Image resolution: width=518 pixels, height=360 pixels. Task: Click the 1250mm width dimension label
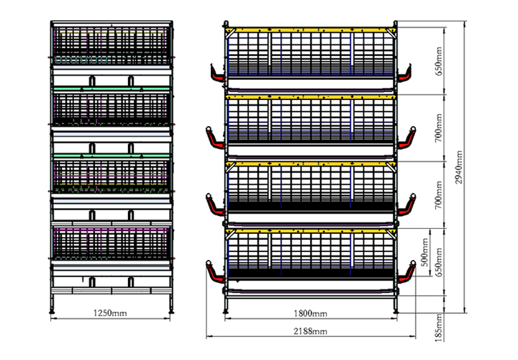point(110,312)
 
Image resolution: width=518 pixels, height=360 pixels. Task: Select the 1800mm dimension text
point(311,313)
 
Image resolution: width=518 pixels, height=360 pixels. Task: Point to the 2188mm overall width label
point(311,331)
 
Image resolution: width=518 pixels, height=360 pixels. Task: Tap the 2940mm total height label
point(458,167)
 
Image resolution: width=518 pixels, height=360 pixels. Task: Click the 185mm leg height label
point(438,328)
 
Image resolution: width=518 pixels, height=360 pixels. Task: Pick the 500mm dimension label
point(425,252)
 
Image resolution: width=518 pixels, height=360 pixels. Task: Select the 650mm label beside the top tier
point(438,61)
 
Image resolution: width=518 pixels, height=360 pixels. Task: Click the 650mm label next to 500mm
point(438,263)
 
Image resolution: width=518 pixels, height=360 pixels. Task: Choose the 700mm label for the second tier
point(438,128)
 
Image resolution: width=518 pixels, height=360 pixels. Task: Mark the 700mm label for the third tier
point(438,195)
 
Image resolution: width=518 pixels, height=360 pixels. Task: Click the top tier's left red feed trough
point(217,75)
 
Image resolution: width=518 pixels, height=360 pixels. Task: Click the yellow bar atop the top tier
point(311,30)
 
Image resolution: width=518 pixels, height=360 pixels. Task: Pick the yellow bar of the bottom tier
point(311,231)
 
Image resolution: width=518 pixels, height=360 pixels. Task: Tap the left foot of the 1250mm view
point(52,311)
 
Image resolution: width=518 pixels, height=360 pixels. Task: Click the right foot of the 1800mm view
point(396,311)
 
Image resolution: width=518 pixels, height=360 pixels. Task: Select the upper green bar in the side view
point(112,89)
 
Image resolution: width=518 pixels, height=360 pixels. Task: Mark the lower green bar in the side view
point(112,156)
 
